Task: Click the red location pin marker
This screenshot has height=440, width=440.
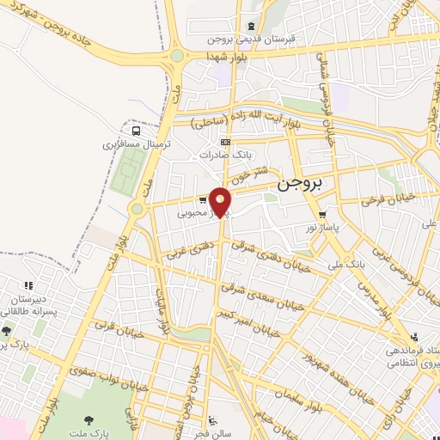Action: [221, 203]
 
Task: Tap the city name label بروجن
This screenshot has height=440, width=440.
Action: [300, 184]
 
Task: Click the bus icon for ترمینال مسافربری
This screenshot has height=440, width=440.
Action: [137, 130]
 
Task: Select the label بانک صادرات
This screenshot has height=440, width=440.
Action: [223, 156]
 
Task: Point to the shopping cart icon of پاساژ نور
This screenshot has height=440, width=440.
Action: [322, 214]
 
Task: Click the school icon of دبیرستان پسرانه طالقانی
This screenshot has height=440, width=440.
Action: [27, 284]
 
